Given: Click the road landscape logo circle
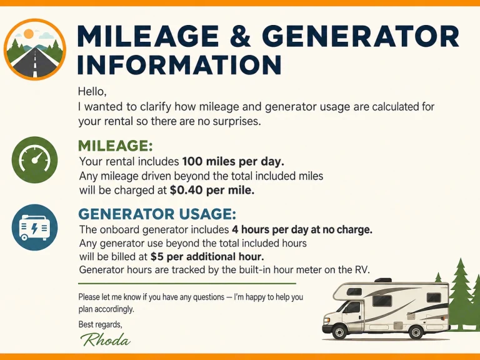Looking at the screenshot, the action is coord(35,49).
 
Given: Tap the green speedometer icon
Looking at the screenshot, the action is coord(34,160).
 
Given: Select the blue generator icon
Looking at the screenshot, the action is coord(34,227).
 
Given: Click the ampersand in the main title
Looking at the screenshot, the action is coord(240,36).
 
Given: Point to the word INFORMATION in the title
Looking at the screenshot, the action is coord(179,64).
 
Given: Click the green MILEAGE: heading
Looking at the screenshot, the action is coord(116,146).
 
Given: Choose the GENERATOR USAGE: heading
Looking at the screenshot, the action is coord(157,214).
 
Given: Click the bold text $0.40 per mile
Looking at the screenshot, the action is coord(212,191).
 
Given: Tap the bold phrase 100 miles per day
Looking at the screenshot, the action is coord(233,161).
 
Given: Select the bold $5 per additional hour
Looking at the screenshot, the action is coord(207,256).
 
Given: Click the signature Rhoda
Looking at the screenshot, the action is coord(105,340).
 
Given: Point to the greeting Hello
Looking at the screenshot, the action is coord(92,91).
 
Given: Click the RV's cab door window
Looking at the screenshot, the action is coord(352,307).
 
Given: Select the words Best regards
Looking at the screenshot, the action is coord(101,324).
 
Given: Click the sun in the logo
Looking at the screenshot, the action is coord(29,33).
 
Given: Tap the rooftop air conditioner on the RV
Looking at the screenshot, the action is coord(383,280).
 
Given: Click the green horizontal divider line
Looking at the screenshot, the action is coord(187,284).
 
